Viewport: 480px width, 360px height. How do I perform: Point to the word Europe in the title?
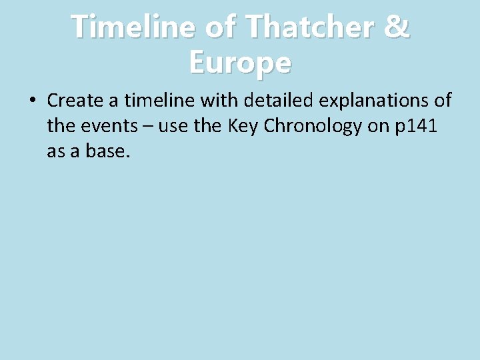tap(240, 63)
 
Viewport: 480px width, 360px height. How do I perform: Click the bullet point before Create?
tap(33, 101)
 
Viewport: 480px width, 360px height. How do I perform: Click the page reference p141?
tap(415, 127)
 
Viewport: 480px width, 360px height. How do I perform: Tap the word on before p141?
tap(379, 127)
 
